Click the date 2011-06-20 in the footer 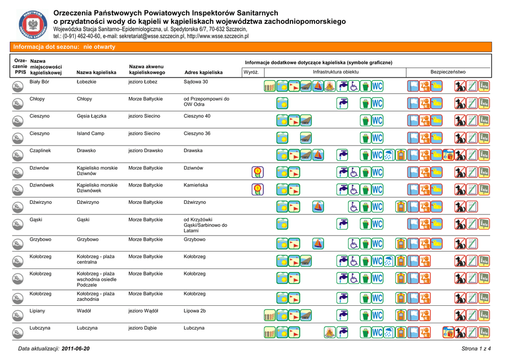coord(76,349)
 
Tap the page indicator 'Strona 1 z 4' coord(476,349)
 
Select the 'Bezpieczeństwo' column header coord(448,72)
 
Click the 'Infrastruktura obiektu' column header coord(336,72)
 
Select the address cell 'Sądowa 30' coord(196,82)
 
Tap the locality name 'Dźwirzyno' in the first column coord(41,202)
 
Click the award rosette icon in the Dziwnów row coord(257,172)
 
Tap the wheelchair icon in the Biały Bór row coord(354,87)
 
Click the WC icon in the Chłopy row coord(378,103)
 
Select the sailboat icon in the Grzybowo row coord(318,243)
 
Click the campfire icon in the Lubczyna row coord(329,332)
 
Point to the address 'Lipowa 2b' coord(194,311)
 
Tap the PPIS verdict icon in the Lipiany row coord(17,315)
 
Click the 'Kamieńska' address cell coord(196,185)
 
